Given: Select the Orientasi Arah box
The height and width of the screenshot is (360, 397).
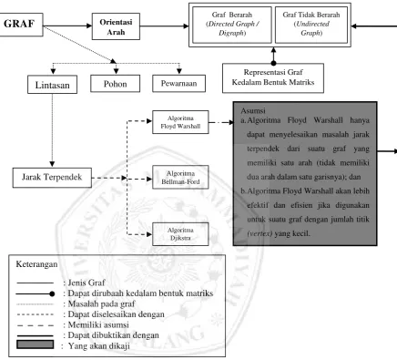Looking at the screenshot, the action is click(x=116, y=26).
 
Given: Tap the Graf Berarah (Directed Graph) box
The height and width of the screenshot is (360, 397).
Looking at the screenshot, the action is click(x=232, y=25).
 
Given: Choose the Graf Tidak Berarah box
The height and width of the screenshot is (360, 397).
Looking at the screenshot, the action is click(x=311, y=25).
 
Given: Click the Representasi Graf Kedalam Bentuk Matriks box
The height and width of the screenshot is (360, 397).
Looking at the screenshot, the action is click(x=273, y=78).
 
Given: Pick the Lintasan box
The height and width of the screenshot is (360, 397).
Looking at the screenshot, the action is click(x=52, y=85).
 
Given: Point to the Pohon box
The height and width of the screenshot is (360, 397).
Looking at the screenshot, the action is click(x=116, y=84).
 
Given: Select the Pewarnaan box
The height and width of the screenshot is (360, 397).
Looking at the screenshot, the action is click(x=178, y=84).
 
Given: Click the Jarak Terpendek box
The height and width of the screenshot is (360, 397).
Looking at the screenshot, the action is click(x=52, y=178).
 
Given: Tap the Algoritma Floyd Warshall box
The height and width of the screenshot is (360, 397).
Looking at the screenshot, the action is click(x=180, y=122).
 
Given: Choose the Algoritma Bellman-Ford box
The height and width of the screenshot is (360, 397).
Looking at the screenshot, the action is click(x=180, y=177).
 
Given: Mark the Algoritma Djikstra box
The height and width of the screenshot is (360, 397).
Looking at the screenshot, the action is click(x=180, y=234).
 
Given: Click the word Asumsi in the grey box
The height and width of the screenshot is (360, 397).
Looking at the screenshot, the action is click(x=253, y=110).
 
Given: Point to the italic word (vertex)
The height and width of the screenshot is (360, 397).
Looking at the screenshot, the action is click(x=260, y=233).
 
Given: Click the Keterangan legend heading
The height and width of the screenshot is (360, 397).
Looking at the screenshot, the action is click(x=36, y=264).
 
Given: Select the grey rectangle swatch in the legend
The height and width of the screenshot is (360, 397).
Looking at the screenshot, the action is click(x=36, y=345).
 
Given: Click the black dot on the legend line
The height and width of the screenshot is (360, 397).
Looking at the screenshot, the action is click(x=52, y=293).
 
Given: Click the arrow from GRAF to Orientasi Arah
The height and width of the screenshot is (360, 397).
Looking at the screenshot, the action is click(x=67, y=26).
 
